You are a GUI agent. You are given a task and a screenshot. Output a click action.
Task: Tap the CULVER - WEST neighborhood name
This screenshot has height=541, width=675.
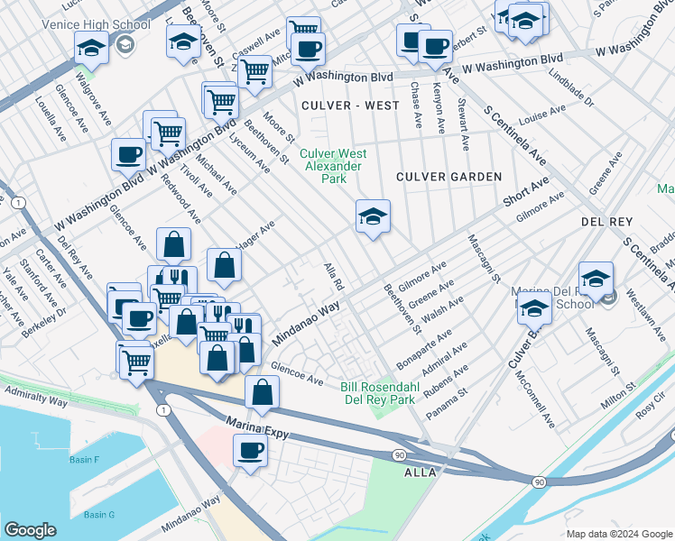point(350,105)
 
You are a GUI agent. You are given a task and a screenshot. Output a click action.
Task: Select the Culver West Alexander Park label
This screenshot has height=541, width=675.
point(331,166)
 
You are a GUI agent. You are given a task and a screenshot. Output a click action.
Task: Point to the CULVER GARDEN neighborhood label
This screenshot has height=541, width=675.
point(448,177)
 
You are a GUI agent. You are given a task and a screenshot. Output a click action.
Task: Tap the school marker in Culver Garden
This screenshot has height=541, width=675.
point(373,217)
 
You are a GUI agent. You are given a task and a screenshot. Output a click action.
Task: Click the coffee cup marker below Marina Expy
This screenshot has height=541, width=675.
point(251,450)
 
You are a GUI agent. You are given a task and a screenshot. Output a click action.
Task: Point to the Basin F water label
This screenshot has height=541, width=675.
point(85,460)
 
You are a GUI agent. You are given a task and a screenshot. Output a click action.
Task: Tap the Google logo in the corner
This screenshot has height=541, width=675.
point(30,530)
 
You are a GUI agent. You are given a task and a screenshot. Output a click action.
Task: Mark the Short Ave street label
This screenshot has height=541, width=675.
point(526,191)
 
